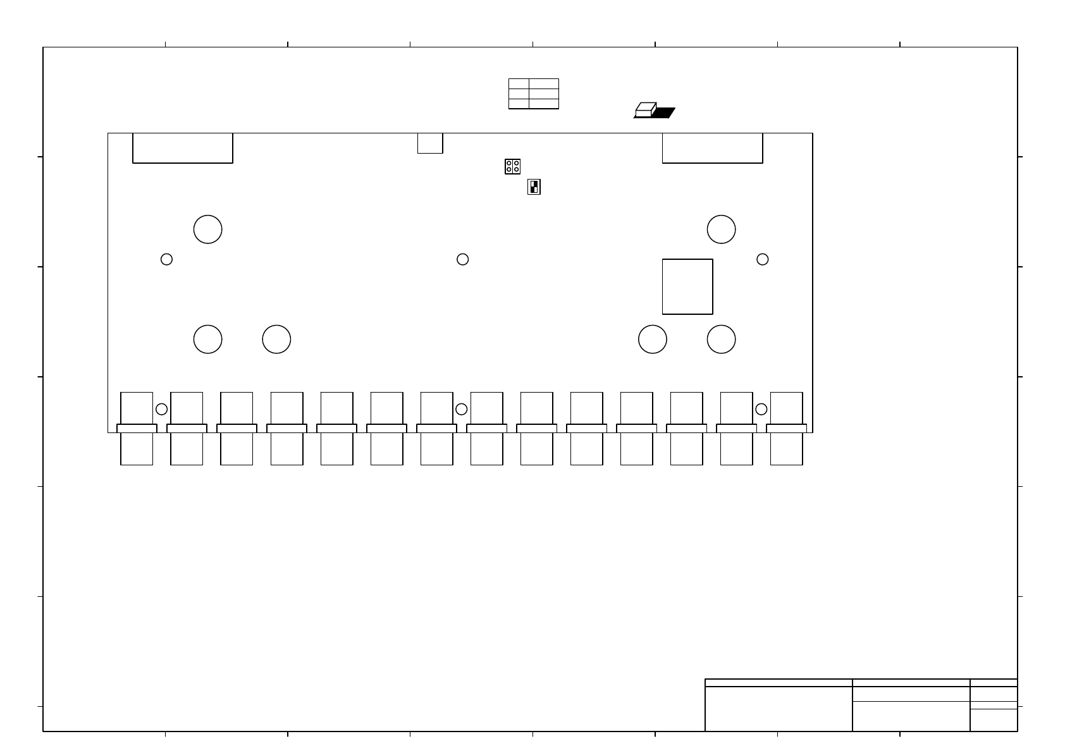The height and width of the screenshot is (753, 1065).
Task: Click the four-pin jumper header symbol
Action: pyautogui.click(x=512, y=167)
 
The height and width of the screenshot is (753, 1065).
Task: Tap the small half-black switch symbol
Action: pyautogui.click(x=534, y=187)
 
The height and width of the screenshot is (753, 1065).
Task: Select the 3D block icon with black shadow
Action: pyautogui.click(x=654, y=111)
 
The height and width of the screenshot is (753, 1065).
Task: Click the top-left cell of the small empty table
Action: pyautogui.click(x=519, y=83)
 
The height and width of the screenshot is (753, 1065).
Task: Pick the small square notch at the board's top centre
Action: pyautogui.click(x=430, y=143)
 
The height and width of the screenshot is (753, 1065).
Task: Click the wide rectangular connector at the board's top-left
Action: pyautogui.click(x=183, y=148)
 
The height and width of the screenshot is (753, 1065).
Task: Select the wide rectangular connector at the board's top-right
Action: pyautogui.click(x=712, y=148)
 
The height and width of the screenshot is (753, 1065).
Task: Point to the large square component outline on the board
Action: pyautogui.click(x=687, y=286)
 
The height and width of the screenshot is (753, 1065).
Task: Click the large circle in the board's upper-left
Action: pyautogui.click(x=207, y=229)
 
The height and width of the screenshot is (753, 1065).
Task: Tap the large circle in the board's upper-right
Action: pyautogui.click(x=721, y=229)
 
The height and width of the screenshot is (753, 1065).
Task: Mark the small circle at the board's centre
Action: pyautogui.click(x=462, y=259)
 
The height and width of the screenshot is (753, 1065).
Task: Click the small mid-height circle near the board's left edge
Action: pyautogui.click(x=166, y=259)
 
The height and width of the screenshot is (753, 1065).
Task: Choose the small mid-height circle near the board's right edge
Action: pyautogui.click(x=763, y=259)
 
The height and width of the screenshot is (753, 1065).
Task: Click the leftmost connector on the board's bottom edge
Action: pyautogui.click(x=137, y=428)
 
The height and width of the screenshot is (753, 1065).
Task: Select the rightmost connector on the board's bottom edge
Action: pyautogui.click(x=786, y=428)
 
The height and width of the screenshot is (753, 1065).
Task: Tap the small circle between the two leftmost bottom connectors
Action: pyautogui.click(x=161, y=409)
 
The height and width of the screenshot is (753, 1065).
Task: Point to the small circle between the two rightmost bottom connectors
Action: pyautogui.click(x=761, y=409)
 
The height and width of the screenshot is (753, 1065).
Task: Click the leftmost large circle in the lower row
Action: pyautogui.click(x=207, y=340)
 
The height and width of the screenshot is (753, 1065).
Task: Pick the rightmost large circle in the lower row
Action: pyautogui.click(x=721, y=340)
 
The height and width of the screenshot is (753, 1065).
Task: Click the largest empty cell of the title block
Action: pyautogui.click(x=779, y=709)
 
